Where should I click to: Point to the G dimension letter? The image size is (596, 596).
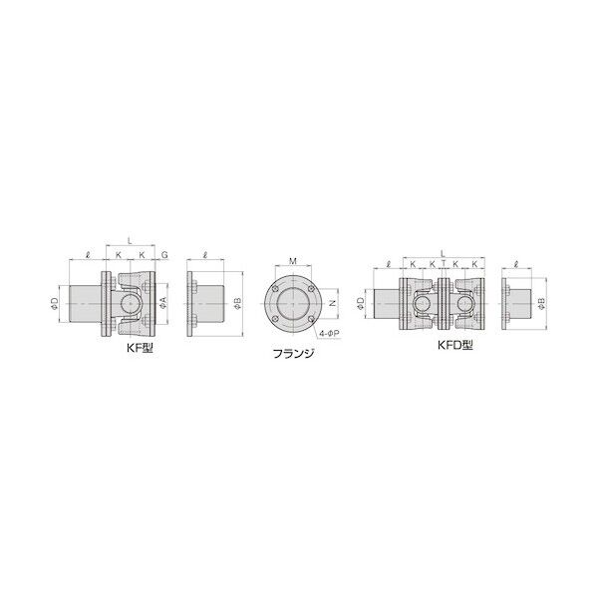[164, 256]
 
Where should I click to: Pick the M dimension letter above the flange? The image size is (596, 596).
[291, 261]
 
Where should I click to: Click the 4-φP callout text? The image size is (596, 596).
[333, 335]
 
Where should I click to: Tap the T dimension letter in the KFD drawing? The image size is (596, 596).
[444, 265]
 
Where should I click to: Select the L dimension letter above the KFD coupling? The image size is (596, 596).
[443, 252]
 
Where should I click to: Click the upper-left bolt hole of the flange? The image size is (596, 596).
[275, 286]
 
